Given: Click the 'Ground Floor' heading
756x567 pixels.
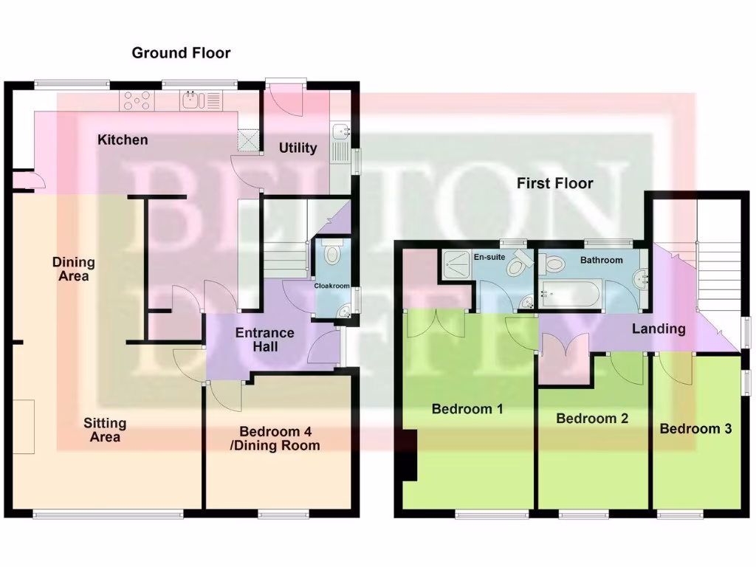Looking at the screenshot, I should [x=181, y=53].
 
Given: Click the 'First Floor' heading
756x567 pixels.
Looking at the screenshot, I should [x=554, y=183].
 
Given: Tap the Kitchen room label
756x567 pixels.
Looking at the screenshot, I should [x=123, y=140].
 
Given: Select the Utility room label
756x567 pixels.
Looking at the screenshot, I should [x=298, y=148].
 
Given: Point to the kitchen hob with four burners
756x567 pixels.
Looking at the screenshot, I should [x=137, y=100].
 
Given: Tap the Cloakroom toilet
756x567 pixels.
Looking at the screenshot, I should [x=331, y=254].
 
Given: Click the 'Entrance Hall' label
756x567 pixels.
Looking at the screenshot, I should [x=264, y=339].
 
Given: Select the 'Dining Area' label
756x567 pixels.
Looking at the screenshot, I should [x=73, y=269].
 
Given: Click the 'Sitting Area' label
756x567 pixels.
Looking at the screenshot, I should [x=104, y=430].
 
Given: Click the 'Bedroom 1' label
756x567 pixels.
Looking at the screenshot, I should [x=467, y=408].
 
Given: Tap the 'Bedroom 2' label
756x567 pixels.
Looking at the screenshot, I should [x=592, y=419].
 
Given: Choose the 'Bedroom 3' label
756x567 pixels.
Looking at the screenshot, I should [x=695, y=428].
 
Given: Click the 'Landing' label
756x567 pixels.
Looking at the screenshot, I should [x=659, y=329].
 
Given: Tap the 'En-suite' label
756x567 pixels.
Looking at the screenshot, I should [x=488, y=257].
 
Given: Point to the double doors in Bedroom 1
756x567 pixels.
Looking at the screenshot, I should [x=436, y=323].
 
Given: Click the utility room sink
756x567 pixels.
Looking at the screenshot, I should [x=340, y=132].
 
